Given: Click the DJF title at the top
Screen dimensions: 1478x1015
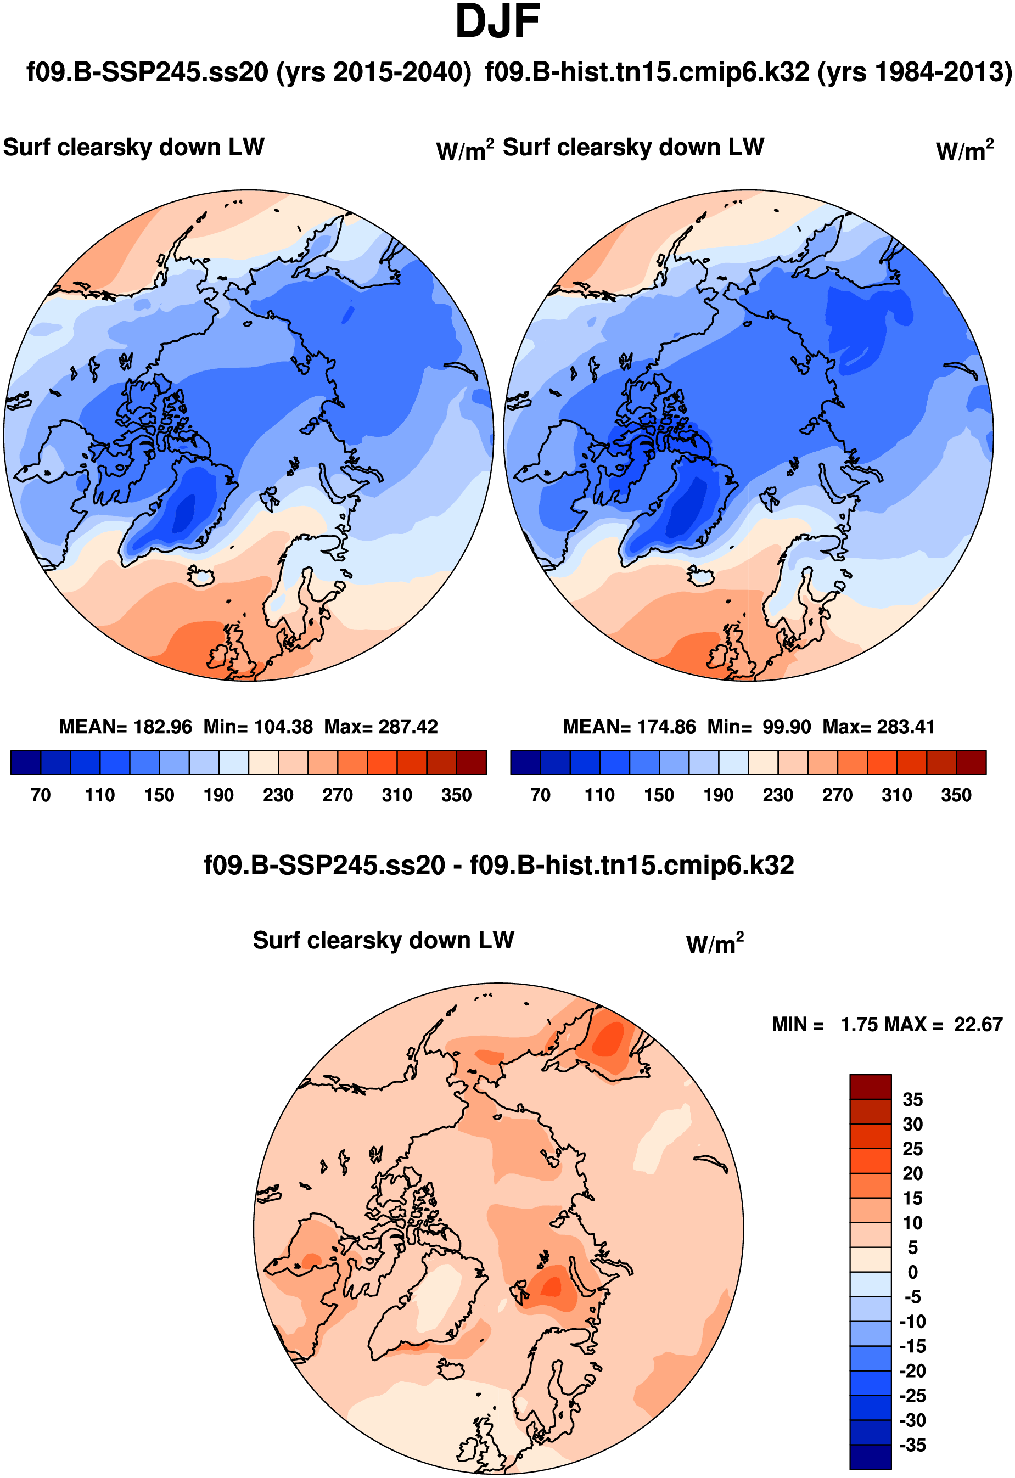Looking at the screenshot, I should [x=497, y=21].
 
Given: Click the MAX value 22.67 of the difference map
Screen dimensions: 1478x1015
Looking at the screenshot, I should [x=978, y=1025].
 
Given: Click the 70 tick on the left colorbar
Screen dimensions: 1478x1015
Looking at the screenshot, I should [x=41, y=795].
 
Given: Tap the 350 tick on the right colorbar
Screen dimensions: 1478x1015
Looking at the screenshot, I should [x=956, y=795].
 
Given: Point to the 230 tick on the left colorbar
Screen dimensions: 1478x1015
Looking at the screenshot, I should [x=278, y=795].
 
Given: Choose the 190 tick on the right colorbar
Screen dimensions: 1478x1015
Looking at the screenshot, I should [x=719, y=795].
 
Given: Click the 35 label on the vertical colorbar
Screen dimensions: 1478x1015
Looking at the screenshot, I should [x=912, y=1100].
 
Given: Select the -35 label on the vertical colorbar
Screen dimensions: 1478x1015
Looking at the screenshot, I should [x=912, y=1445].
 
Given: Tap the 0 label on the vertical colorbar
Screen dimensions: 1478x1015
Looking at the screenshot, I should [x=912, y=1272].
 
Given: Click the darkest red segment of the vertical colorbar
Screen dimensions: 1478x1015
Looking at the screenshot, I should [x=870, y=1087].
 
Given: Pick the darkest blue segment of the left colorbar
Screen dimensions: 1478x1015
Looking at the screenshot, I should [x=26, y=762].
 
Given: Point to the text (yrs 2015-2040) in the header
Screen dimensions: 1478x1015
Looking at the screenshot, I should [x=373, y=72].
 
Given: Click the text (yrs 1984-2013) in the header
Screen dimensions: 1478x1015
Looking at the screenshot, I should [x=915, y=72].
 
